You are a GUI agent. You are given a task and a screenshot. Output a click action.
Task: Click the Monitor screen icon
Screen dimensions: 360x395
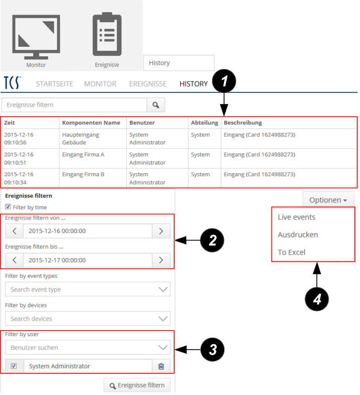tap(36, 37)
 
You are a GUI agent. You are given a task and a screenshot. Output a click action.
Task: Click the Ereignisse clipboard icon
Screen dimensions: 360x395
tap(107, 34)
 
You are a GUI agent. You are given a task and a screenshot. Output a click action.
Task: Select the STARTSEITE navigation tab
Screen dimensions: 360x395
tap(54, 84)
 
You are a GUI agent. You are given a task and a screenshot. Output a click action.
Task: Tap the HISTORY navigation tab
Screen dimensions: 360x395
tap(194, 84)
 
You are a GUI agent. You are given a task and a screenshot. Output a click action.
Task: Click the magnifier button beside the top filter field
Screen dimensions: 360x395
tap(156, 105)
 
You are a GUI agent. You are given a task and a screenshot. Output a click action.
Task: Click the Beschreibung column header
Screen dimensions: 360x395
tap(243, 123)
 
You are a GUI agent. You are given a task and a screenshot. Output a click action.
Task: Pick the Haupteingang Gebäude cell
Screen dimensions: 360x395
tap(81, 138)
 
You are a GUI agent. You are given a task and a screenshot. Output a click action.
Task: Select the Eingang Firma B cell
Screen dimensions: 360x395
tap(83, 174)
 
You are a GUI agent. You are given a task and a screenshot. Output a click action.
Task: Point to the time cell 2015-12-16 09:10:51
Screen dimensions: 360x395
tap(19, 159)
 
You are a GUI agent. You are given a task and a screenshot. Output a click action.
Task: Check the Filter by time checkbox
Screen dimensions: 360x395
tap(8, 207)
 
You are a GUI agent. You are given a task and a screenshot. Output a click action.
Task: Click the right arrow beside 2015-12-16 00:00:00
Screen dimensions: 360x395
tap(161, 231)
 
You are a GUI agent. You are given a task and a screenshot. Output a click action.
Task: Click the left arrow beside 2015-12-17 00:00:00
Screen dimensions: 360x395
tap(15, 260)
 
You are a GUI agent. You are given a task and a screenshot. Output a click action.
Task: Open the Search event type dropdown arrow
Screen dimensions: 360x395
tap(163, 289)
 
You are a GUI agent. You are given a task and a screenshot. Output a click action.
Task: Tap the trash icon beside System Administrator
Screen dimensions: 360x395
tap(161, 366)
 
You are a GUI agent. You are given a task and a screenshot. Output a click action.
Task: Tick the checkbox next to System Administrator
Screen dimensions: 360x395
tap(14, 366)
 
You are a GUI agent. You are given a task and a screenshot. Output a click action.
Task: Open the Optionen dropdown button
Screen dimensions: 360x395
tap(328, 200)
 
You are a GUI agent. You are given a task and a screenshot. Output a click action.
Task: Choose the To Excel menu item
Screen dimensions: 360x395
tap(292, 252)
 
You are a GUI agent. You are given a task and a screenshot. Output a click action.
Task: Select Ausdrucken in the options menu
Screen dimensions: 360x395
tap(298, 235)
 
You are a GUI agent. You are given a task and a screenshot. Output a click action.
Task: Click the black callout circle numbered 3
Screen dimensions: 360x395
tap(212, 350)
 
